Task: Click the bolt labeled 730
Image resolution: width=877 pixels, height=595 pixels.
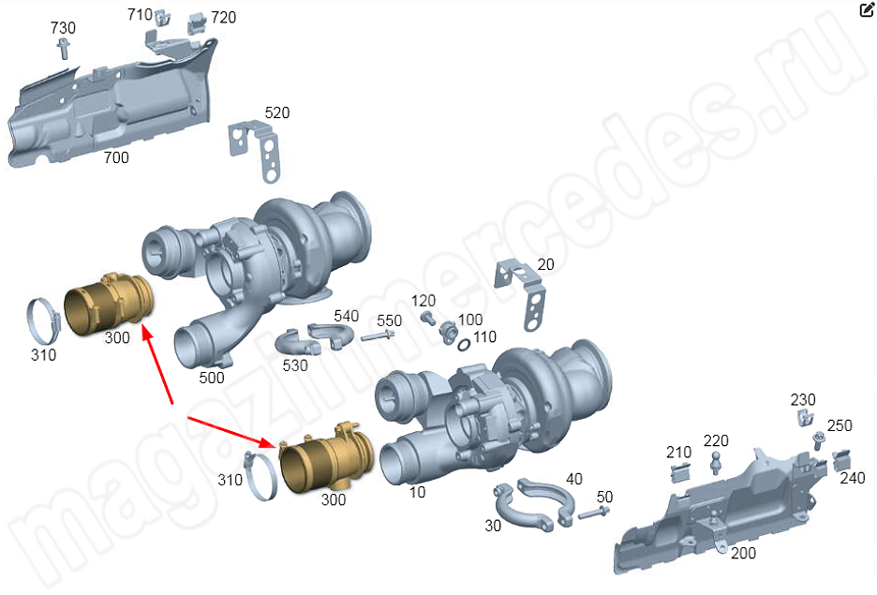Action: [x=63, y=48]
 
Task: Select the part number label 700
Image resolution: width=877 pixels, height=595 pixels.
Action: [x=116, y=157]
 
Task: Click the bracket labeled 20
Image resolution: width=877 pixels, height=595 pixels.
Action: [x=520, y=293]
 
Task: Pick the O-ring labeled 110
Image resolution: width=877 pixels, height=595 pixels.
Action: [x=464, y=345]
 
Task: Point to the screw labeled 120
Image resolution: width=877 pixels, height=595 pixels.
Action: [x=428, y=319]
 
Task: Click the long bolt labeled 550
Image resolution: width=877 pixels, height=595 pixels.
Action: [x=379, y=336]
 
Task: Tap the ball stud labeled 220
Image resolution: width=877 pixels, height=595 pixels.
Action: [x=715, y=463]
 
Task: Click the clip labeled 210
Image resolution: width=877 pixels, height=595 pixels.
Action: [x=680, y=472]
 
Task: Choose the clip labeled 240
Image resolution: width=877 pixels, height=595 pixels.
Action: [x=841, y=460]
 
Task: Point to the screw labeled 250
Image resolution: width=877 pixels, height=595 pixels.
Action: [x=818, y=440]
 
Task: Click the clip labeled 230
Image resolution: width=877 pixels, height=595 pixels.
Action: [x=804, y=418]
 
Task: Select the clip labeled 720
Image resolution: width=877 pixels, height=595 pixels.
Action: [x=198, y=22]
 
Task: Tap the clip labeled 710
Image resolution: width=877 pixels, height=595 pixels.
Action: [x=162, y=18]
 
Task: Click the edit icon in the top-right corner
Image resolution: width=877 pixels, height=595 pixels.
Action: [x=866, y=9]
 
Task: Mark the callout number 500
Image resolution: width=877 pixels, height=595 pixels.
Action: [x=212, y=378]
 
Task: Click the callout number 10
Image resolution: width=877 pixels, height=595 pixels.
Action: [x=417, y=492]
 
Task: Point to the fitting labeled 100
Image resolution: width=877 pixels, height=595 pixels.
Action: [x=449, y=333]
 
